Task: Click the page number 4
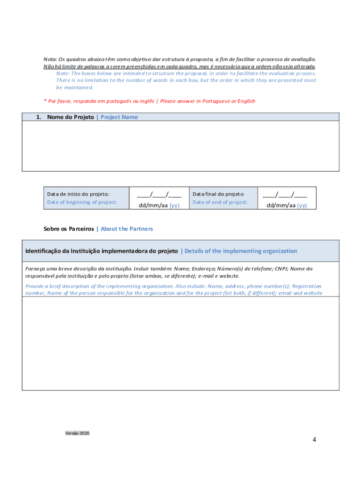[315, 440]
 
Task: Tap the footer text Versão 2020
[77, 433]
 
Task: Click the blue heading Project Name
[119, 117]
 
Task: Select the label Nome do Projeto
[70, 117]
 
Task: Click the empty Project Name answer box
[180, 146]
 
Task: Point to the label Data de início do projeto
[78, 194]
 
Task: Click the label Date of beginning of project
[82, 202]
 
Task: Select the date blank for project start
[159, 194]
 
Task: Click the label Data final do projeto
[218, 194]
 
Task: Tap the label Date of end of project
[220, 202]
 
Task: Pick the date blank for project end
[285, 194]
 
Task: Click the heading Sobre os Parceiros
[68, 229]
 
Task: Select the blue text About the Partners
[127, 229]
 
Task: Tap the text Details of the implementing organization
[241, 251]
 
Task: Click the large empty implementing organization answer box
[180, 343]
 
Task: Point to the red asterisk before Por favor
[45, 101]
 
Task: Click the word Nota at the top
[50, 59]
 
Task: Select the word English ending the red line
[246, 101]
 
